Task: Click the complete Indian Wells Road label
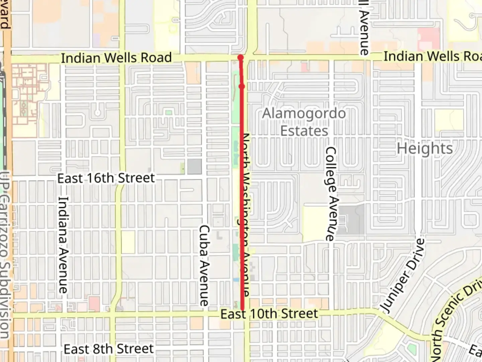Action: (116, 58)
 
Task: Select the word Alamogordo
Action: (304, 113)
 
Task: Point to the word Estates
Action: (304, 131)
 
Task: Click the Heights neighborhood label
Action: (425, 148)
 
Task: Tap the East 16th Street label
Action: (106, 178)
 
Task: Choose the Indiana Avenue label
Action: (63, 245)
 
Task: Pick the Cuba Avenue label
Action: (204, 265)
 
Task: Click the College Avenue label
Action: (331, 194)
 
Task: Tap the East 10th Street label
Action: (269, 314)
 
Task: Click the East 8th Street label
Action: (108, 349)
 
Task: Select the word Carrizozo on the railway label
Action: (5, 231)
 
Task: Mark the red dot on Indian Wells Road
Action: (240, 57)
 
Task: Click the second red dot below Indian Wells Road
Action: (242, 86)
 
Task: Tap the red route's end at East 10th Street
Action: (242, 309)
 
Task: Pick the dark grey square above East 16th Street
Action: (194, 166)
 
